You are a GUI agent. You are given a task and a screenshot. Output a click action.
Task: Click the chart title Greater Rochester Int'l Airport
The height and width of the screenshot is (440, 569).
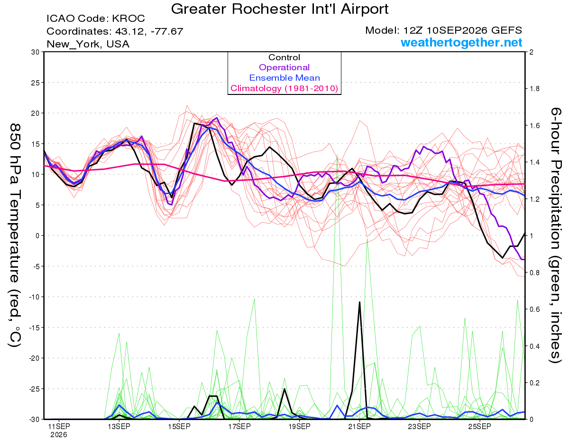click(x=280, y=9)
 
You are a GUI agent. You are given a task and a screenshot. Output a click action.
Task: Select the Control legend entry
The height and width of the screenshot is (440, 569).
click(x=284, y=57)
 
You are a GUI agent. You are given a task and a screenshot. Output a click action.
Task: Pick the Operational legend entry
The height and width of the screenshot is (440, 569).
click(x=284, y=67)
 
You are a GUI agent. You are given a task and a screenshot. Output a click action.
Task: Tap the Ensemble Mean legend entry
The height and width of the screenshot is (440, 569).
click(x=284, y=78)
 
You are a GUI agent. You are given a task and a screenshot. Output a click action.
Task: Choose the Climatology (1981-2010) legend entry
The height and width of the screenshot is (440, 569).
click(x=284, y=88)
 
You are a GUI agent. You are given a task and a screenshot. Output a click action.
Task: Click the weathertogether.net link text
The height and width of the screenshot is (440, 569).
click(x=461, y=42)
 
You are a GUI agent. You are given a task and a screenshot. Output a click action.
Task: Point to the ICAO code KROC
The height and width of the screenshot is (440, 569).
click(x=128, y=19)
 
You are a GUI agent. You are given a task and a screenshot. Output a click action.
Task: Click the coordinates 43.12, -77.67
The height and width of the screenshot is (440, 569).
click(x=149, y=31)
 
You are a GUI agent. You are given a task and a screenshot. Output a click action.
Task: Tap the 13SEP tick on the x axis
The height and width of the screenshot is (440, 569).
click(x=119, y=426)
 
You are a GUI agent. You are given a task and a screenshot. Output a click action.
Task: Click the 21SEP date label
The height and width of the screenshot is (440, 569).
click(x=359, y=426)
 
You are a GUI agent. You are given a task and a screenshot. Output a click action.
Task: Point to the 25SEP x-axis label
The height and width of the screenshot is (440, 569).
click(x=479, y=426)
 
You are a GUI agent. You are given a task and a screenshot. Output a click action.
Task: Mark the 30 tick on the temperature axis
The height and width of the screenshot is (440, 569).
click(x=36, y=52)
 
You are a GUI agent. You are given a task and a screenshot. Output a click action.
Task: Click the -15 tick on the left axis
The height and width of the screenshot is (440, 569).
click(x=34, y=328)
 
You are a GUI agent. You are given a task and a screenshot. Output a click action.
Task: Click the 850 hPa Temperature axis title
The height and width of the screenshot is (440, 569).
click(x=15, y=235)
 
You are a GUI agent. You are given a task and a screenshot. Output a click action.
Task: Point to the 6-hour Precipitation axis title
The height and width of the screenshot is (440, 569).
click(x=556, y=235)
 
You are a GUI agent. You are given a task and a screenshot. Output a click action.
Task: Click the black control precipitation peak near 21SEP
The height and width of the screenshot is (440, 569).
click(x=359, y=302)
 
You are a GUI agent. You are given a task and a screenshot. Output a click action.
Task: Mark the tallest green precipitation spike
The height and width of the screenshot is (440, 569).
click(x=337, y=155)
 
